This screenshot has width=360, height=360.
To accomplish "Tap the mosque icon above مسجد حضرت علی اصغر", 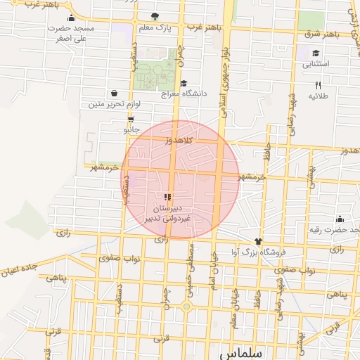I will click(71, 19).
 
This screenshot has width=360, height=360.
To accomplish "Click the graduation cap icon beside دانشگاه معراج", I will click(184, 84).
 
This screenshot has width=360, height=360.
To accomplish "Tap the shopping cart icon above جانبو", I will click(131, 119).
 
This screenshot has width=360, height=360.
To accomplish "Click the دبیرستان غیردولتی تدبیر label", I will click(167, 214).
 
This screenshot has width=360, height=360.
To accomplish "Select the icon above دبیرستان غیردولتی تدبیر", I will click(167, 198).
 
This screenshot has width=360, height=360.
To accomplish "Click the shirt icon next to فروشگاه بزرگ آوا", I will click(258, 241).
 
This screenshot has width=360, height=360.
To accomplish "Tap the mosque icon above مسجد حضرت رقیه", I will click(340, 219).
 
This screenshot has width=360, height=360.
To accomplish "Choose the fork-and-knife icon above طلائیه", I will click(318, 84).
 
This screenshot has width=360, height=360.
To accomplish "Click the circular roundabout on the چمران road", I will click(186, 306).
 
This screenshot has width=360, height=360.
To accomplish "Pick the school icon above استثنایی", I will click(316, 53).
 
